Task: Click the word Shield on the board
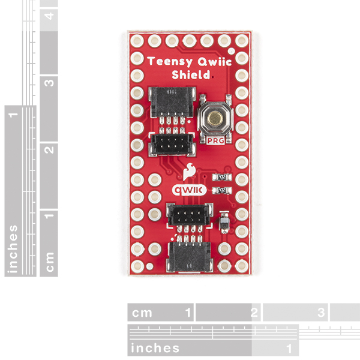tap(191, 75)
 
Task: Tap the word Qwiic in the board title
tap(215, 62)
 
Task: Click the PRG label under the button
tap(215, 140)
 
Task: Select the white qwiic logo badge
tap(189, 190)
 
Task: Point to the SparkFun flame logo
tap(189, 171)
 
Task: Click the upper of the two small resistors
tap(222, 177)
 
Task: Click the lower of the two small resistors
tap(222, 190)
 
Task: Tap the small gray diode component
tap(224, 222)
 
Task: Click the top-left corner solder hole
tap(137, 41)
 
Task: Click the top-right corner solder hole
tap(242, 41)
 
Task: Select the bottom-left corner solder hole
tap(137, 266)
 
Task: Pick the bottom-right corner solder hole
tap(242, 266)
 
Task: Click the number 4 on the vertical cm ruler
tap(49, 16)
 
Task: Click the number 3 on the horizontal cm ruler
tap(321, 312)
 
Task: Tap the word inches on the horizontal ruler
tap(155, 348)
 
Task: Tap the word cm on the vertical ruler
tap(50, 262)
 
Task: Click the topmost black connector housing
tap(172, 102)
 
